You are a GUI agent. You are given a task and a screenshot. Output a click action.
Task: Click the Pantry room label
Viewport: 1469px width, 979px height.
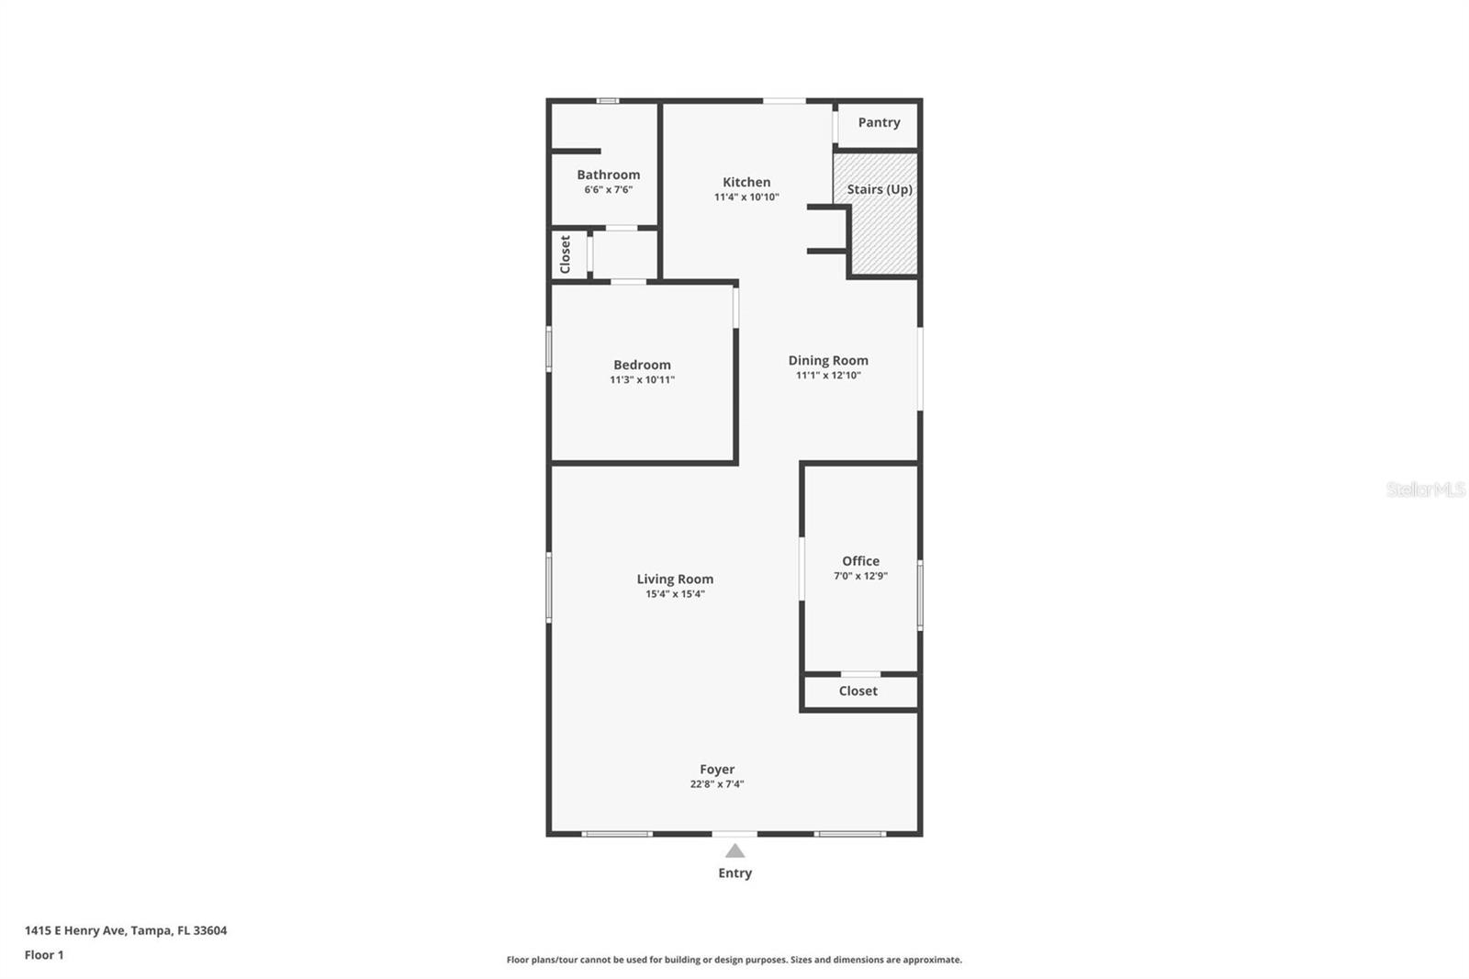click(879, 122)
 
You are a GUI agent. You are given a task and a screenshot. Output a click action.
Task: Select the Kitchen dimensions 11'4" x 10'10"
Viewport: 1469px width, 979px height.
click(746, 197)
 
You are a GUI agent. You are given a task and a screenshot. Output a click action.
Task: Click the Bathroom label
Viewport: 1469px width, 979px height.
click(608, 174)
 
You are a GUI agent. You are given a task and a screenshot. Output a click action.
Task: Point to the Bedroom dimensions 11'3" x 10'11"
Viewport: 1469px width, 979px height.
click(642, 379)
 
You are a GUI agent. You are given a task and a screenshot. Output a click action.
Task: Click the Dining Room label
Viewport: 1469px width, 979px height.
click(827, 360)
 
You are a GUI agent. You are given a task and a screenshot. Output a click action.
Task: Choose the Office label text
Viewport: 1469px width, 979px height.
click(860, 560)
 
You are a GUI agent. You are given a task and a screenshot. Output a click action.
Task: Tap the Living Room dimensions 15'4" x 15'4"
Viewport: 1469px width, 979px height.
click(675, 593)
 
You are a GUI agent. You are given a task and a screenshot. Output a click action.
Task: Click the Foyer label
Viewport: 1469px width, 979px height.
click(716, 769)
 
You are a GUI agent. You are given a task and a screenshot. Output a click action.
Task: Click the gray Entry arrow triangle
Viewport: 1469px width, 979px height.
click(734, 851)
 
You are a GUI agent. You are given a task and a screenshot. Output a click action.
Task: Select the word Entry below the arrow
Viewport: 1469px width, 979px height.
click(734, 872)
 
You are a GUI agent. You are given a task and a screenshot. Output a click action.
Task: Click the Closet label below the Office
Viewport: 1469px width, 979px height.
click(858, 691)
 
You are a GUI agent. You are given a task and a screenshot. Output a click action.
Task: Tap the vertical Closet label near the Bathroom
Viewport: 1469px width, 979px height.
click(565, 254)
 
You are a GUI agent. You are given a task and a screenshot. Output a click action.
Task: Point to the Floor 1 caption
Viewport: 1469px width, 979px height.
click(44, 955)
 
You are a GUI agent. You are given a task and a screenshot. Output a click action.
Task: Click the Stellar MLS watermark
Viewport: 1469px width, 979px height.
click(1425, 489)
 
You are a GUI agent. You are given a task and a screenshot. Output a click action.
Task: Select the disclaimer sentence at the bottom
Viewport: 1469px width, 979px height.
click(734, 960)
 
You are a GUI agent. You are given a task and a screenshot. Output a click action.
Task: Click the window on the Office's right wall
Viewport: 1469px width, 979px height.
click(920, 595)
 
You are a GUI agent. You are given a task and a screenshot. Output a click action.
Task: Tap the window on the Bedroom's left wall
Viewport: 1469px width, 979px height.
click(549, 350)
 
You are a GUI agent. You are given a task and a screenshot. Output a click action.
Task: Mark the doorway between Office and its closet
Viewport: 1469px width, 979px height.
click(860, 674)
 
